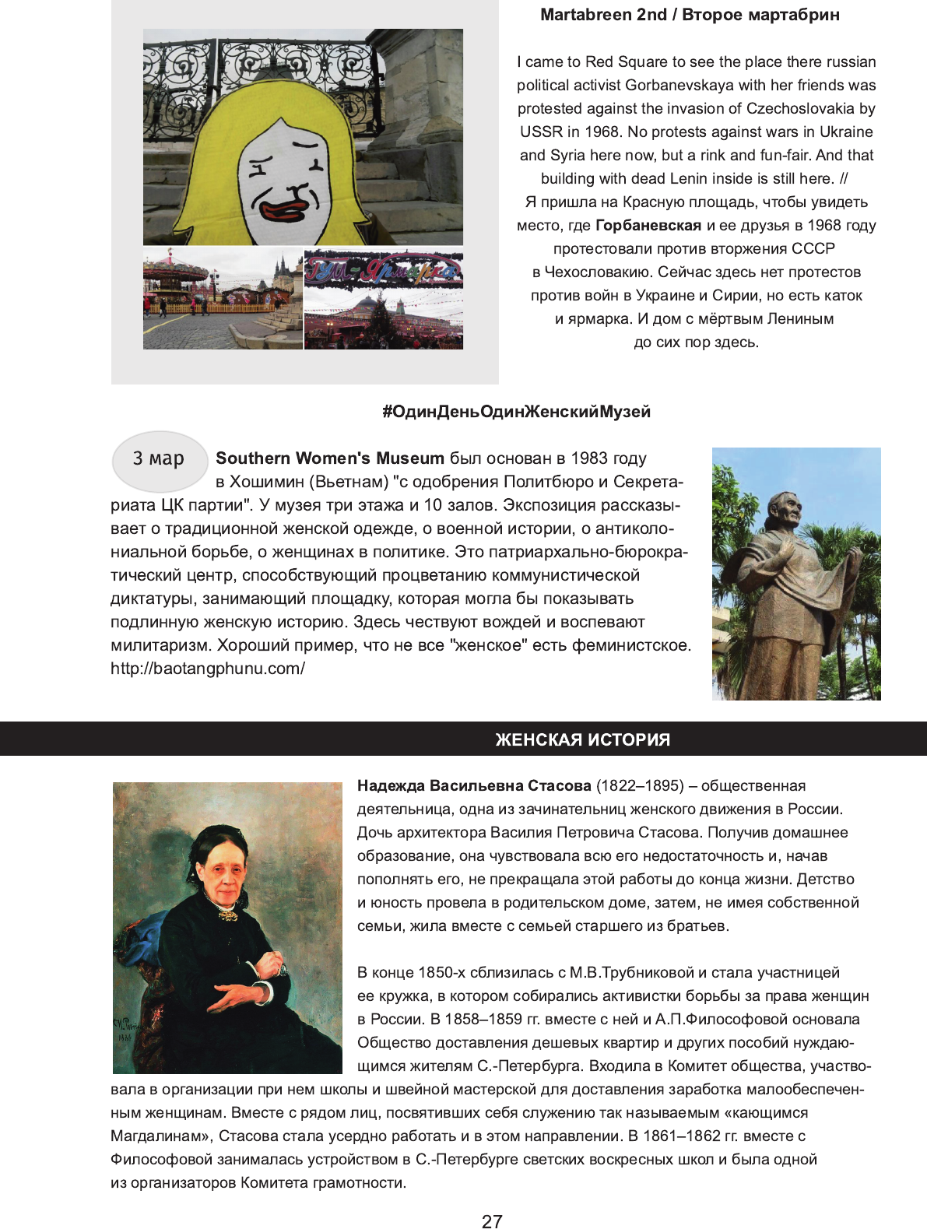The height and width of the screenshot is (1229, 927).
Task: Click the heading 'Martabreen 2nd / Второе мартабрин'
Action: pos(690,15)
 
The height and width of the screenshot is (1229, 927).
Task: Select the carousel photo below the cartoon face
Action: pos(223,299)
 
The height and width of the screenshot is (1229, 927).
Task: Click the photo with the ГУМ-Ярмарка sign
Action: pos(384,299)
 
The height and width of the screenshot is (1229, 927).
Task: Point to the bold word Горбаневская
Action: pos(648,226)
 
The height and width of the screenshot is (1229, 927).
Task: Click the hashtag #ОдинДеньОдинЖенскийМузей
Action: pos(516,412)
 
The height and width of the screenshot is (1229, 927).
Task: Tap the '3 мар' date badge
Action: pos(160,459)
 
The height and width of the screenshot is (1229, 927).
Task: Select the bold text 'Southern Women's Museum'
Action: pos(330,458)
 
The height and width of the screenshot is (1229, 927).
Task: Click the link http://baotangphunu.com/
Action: pos(208,669)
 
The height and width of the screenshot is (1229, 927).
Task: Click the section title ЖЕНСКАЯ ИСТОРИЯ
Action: pos(582,739)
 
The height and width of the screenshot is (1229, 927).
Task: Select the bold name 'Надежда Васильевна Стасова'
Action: pos(474,786)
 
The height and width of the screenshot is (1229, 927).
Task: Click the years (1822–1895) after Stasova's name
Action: pos(640,786)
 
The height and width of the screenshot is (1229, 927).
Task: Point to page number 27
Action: pos(492,1221)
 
